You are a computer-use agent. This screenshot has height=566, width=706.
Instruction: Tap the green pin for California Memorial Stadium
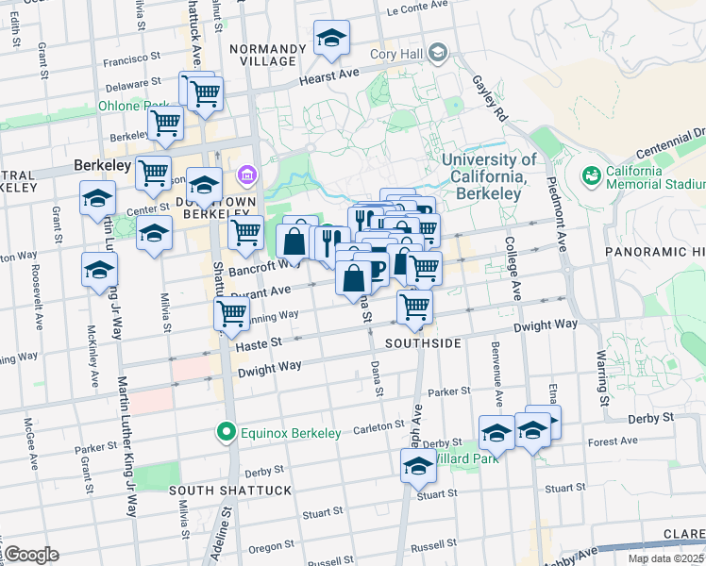(592, 175)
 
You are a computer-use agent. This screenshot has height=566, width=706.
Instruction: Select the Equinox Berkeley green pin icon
(226, 433)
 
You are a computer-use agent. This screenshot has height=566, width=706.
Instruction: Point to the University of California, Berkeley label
(481, 176)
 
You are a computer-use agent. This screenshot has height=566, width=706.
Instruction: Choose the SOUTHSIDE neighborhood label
(422, 343)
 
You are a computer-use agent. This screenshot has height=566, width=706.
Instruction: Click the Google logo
(30, 554)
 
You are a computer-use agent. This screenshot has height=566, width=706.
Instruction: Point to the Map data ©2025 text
(664, 558)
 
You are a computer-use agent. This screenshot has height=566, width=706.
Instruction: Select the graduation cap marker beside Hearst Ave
(330, 40)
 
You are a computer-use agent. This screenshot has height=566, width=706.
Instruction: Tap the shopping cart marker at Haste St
(231, 317)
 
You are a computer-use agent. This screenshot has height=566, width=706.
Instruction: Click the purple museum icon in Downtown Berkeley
(248, 174)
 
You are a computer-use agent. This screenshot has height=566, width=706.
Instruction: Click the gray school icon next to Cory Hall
(437, 54)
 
